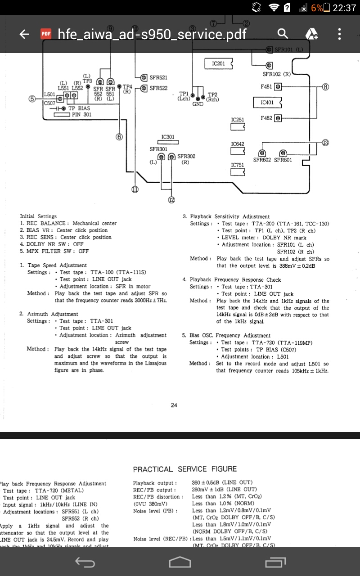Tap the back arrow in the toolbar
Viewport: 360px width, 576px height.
click(x=24, y=34)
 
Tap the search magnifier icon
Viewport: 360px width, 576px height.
click(x=283, y=34)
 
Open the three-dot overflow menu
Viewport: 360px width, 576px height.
click(x=339, y=34)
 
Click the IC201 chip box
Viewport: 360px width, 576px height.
click(x=219, y=64)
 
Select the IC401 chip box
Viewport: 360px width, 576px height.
click(x=267, y=103)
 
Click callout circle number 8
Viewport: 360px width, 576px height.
click(x=325, y=86)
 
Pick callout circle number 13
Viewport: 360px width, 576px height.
click(x=325, y=143)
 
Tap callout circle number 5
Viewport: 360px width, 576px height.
click(x=32, y=99)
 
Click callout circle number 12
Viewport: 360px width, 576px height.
click(x=171, y=200)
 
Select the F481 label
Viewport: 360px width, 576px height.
click(x=266, y=86)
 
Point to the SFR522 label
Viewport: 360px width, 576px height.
click(x=158, y=88)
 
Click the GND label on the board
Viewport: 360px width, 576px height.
click(x=198, y=104)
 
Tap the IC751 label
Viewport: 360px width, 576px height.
click(x=238, y=165)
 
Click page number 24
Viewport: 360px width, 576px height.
click(x=174, y=405)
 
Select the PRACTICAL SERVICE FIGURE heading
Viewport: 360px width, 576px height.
click(x=185, y=469)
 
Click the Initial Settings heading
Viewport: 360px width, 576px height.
click(x=38, y=216)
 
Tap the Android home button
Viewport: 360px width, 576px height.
click(x=180, y=562)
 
